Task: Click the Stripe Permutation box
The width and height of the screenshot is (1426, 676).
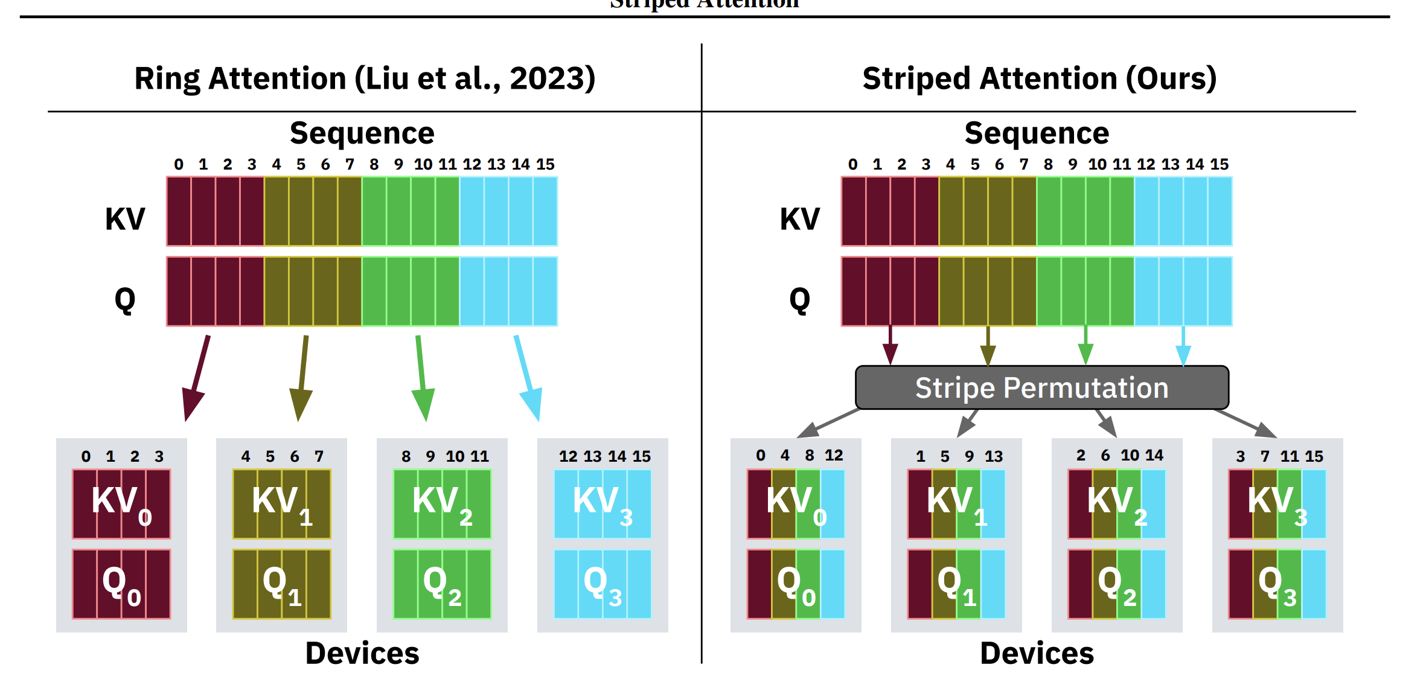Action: click(1041, 387)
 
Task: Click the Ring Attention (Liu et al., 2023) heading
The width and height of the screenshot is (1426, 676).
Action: click(365, 78)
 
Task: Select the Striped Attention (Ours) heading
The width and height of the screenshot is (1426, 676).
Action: click(1039, 78)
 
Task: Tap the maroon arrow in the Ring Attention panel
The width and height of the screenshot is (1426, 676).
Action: click(197, 377)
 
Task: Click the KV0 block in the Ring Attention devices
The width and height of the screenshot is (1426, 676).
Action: click(121, 504)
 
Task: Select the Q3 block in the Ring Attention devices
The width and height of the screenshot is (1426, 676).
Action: click(603, 584)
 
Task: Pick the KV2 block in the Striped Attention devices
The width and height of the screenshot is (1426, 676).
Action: click(1116, 504)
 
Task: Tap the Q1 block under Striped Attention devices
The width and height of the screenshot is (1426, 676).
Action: click(956, 584)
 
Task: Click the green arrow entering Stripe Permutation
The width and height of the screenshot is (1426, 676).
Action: click(1085, 345)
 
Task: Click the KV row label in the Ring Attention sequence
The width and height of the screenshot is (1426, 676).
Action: click(125, 218)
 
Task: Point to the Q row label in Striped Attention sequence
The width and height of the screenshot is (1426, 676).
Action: click(799, 299)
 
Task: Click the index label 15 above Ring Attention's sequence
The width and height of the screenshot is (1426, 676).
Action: click(545, 164)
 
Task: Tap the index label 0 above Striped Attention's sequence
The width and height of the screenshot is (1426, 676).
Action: click(852, 164)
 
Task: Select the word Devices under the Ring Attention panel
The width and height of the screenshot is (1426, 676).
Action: click(362, 654)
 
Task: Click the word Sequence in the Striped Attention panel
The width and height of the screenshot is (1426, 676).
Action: click(1037, 133)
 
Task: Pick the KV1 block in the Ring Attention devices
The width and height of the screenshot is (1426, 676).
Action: click(282, 504)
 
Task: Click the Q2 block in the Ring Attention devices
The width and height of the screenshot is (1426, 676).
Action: click(442, 584)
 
